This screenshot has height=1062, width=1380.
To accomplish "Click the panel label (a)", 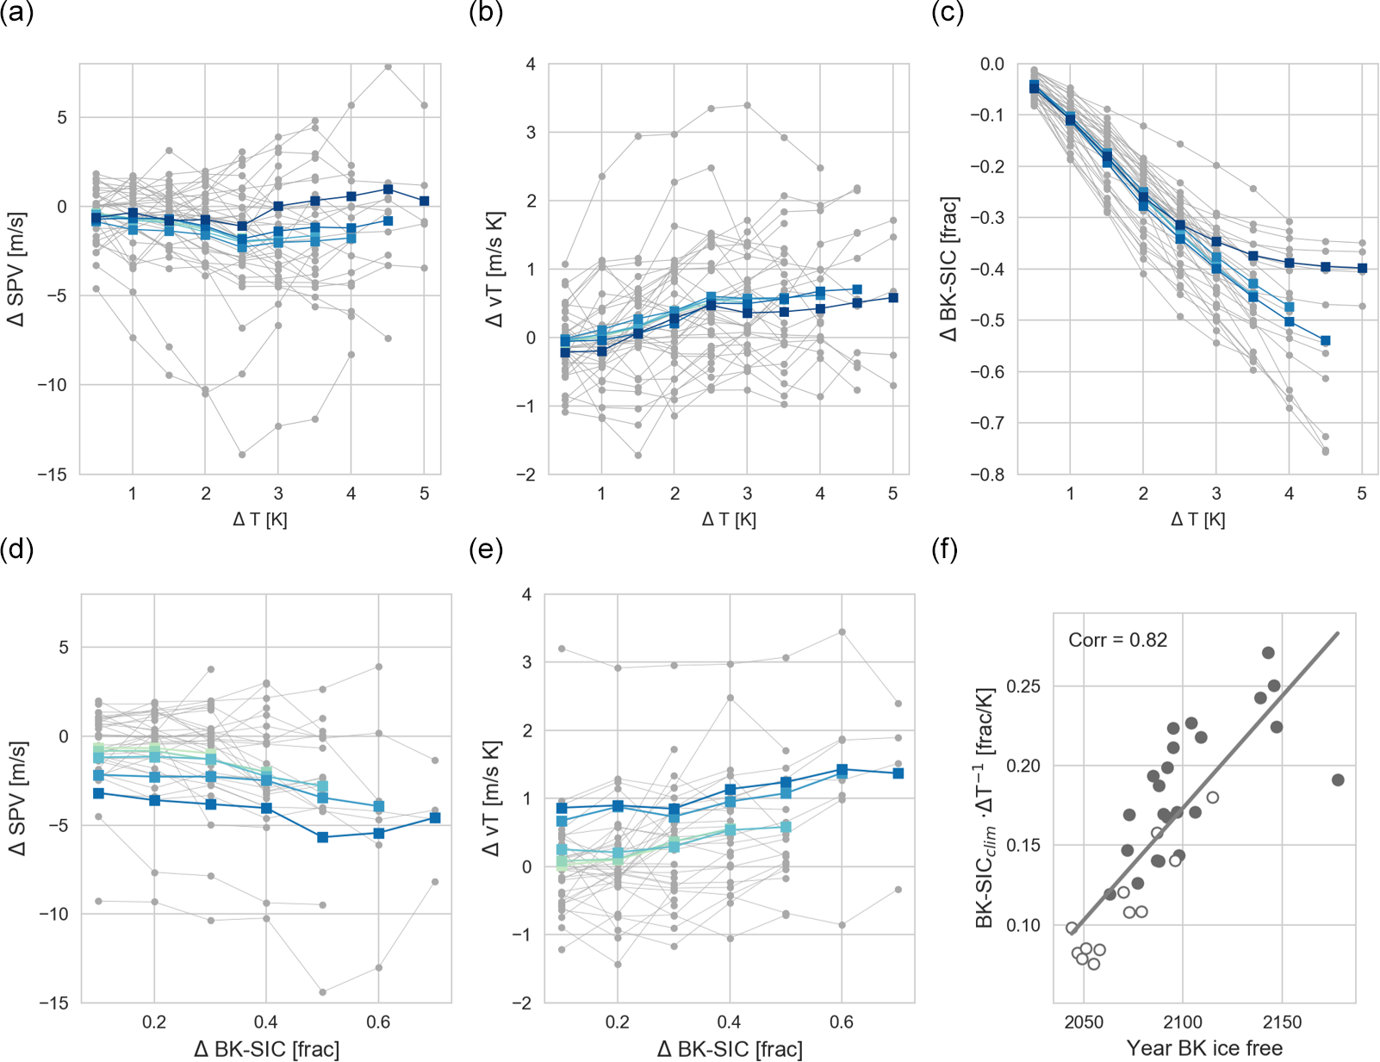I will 16,14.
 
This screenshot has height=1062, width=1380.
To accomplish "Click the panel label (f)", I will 945,549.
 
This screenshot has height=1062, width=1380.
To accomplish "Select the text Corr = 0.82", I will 1117,640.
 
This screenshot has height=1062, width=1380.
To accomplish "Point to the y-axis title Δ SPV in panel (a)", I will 16,269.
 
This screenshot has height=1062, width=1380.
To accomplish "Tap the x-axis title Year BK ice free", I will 1204,1048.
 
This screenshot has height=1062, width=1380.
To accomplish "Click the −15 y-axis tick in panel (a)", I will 51,475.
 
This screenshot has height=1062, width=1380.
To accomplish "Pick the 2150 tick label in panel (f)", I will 1282,1022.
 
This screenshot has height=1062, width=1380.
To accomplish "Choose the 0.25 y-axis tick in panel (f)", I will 1023,686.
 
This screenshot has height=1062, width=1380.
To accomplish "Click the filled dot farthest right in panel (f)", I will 1338,780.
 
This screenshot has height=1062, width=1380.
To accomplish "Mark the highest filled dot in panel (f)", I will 1268,653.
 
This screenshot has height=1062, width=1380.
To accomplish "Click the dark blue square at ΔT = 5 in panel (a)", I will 425,202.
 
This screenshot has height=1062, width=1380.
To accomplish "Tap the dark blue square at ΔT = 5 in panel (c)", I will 1362,269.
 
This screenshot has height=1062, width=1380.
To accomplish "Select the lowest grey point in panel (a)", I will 243,455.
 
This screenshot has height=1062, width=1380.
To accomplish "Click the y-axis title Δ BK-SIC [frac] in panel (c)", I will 949,269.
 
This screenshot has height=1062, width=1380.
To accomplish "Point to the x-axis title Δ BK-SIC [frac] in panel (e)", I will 730,1049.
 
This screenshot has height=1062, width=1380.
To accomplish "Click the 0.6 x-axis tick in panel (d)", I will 378,1022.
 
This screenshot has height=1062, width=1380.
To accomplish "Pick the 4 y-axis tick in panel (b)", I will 531,65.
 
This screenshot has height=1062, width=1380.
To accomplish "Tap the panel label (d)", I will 16,549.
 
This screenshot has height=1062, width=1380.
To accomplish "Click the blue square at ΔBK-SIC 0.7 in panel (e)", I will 898,773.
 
